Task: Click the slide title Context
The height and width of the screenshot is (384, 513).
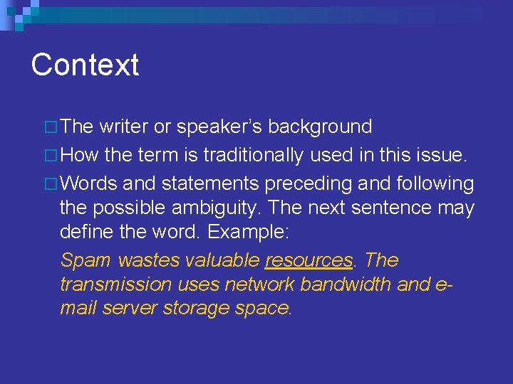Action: [x=85, y=65]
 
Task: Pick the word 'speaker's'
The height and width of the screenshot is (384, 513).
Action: [x=219, y=127]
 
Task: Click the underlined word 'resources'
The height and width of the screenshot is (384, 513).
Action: [x=309, y=260]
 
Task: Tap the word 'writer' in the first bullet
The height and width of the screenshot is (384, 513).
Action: [x=124, y=127]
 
